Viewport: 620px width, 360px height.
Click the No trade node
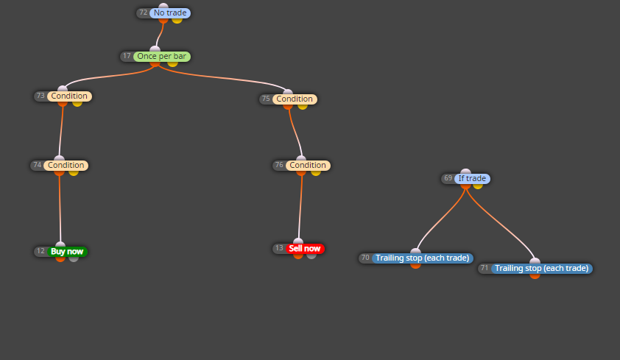pos(170,13)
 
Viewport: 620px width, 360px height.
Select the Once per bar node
pos(162,57)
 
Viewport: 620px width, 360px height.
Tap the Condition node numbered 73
pos(69,96)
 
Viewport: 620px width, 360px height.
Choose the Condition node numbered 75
pos(295,99)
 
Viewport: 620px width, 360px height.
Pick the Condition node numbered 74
pos(66,165)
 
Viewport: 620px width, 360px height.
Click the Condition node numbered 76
pos(308,165)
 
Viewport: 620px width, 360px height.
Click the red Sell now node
pos(305,249)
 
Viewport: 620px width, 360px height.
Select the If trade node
pos(473,179)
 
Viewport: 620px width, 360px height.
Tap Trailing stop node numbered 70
pos(423,258)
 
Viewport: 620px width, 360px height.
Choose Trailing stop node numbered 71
pos(542,268)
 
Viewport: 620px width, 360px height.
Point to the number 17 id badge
pos(127,56)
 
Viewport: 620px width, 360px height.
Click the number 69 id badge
pos(448,178)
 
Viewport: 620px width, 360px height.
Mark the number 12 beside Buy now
pos(40,251)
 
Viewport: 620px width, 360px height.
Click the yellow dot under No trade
pos(177,20)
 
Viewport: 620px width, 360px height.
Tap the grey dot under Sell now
pos(311,255)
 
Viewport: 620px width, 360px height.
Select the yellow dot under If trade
pos(478,186)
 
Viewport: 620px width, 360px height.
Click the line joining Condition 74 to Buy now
pos(60,208)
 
